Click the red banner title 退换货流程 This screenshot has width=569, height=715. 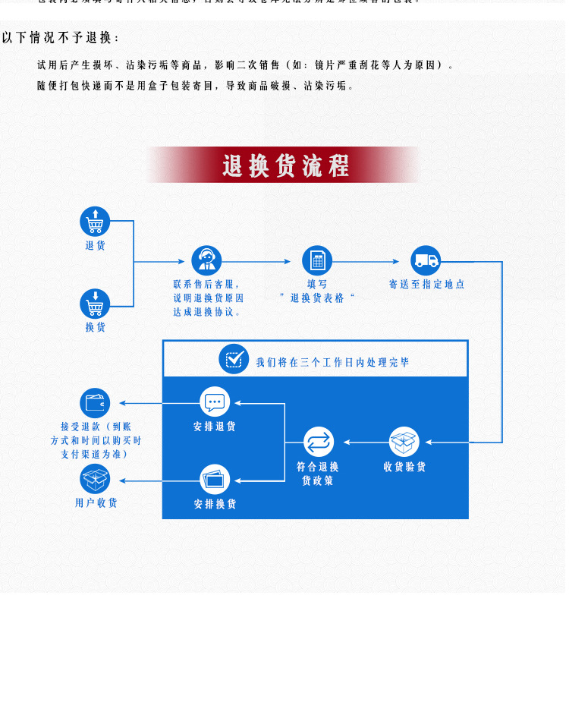285,165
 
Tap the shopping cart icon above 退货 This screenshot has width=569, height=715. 95,222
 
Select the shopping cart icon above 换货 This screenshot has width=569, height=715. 95,304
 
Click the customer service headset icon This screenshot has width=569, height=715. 206,260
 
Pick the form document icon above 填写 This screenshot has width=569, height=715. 317,260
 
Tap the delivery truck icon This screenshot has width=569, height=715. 426,260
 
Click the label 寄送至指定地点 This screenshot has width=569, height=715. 426,285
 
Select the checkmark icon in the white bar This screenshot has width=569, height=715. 234,359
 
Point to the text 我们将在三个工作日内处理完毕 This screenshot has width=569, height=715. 332,363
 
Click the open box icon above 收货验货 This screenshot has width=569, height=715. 404,442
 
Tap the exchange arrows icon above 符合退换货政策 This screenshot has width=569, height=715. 319,442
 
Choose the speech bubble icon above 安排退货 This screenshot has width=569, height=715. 215,402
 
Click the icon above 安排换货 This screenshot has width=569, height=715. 215,480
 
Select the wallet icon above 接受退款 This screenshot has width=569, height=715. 95,403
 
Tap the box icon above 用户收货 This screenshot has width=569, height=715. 95,479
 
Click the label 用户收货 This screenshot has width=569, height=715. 96,503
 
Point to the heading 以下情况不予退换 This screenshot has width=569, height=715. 61,38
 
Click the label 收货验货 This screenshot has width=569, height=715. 404,467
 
